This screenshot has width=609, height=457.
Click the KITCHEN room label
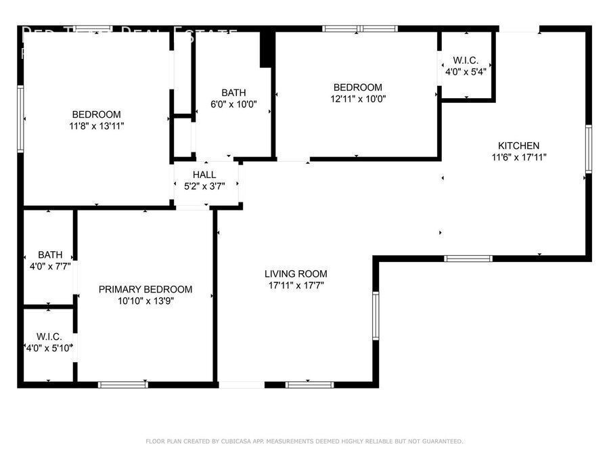(x=518, y=146)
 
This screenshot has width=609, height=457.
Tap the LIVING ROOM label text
(x=296, y=274)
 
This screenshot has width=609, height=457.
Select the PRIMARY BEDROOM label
(x=145, y=289)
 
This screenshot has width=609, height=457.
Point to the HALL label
(x=204, y=175)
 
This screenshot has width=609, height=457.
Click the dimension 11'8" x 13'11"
(x=97, y=126)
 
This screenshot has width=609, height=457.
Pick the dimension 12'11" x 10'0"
(x=357, y=99)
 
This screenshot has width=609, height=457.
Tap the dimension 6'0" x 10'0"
(x=233, y=104)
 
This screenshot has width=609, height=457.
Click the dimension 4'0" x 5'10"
(x=49, y=348)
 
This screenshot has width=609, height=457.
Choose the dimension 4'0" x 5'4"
(x=466, y=71)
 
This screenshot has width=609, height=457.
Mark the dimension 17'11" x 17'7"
(x=296, y=285)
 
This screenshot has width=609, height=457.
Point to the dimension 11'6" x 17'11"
(x=518, y=157)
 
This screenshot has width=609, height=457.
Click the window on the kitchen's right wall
(x=589, y=149)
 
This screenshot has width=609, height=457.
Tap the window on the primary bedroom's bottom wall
(x=123, y=385)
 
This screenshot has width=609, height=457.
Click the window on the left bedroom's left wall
(x=20, y=118)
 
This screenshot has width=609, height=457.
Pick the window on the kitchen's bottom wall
(x=468, y=258)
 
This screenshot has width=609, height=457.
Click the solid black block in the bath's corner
(x=267, y=49)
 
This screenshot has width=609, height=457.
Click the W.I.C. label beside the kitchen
(x=466, y=60)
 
